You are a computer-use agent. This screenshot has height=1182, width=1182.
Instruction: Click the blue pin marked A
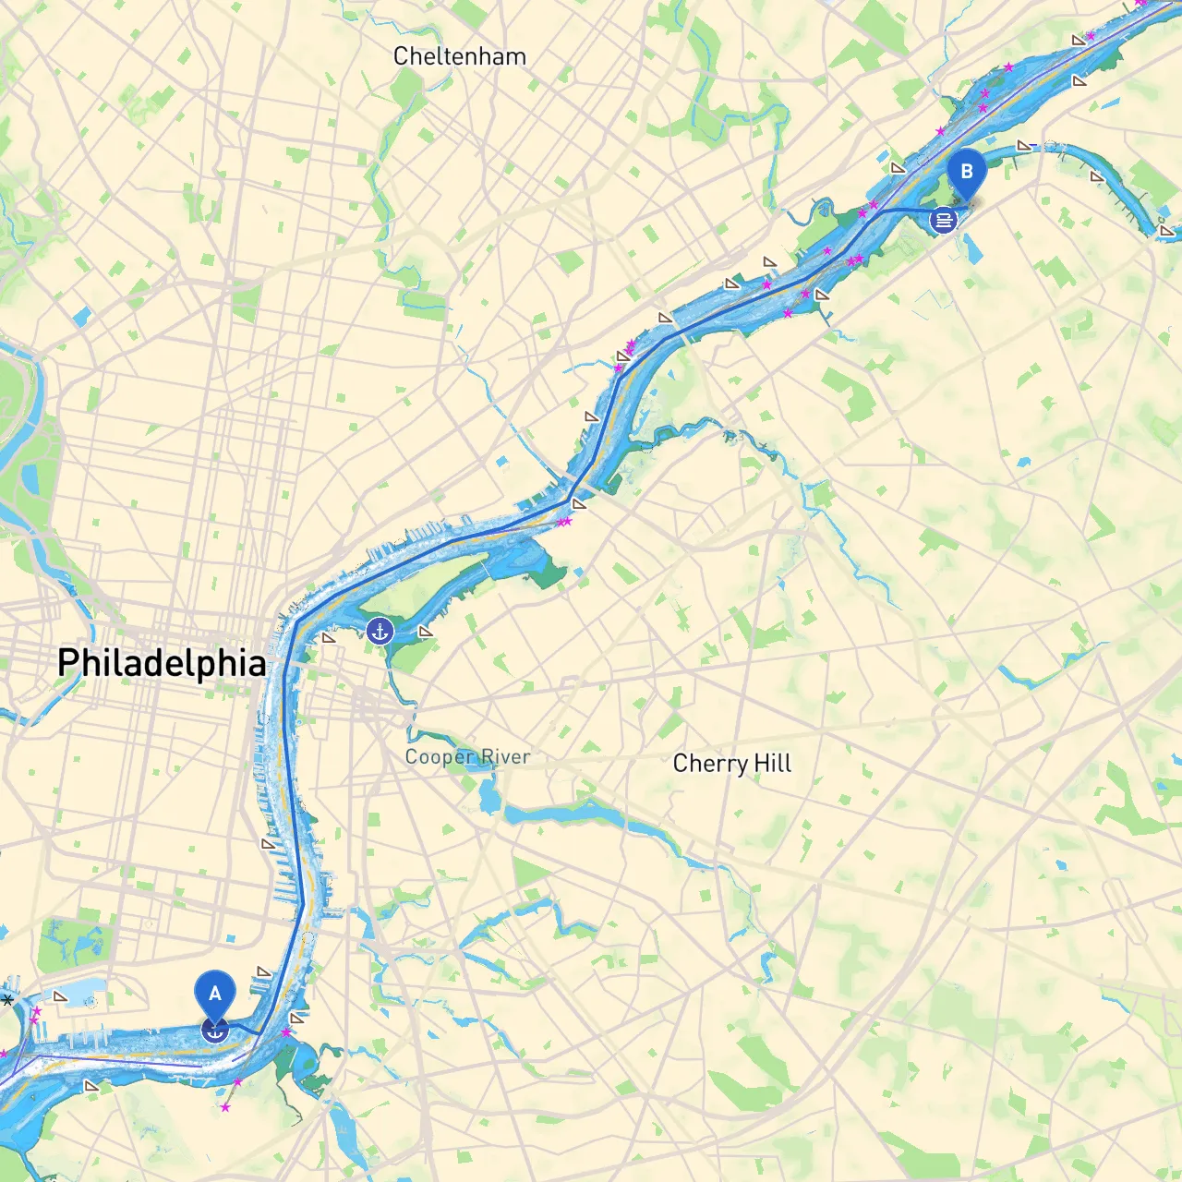click(x=214, y=995)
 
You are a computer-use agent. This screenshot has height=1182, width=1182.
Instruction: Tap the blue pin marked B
click(x=967, y=173)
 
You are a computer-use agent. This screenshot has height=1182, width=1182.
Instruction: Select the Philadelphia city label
click(x=162, y=663)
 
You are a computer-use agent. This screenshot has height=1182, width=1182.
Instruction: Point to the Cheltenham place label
click(x=459, y=56)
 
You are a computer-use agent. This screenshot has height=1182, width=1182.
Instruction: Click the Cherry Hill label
click(x=731, y=764)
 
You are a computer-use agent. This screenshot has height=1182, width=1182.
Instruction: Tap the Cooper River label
click(x=467, y=757)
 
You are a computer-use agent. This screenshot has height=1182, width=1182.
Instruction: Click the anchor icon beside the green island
click(x=380, y=632)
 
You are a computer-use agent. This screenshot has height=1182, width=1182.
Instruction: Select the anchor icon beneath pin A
click(x=214, y=1031)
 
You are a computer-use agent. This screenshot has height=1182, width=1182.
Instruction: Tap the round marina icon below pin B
click(x=943, y=220)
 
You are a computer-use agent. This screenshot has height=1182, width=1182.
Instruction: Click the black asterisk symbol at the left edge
click(x=7, y=1000)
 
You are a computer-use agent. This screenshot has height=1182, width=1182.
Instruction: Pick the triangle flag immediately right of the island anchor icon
click(x=425, y=632)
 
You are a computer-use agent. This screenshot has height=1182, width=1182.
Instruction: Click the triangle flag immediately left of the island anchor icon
click(x=329, y=638)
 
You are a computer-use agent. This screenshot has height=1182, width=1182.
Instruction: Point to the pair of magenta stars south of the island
click(x=565, y=522)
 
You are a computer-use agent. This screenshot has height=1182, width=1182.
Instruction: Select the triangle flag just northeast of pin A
click(x=264, y=971)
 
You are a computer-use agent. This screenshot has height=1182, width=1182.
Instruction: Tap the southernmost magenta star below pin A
click(x=225, y=1106)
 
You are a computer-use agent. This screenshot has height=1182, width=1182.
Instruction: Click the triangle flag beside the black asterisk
click(x=60, y=996)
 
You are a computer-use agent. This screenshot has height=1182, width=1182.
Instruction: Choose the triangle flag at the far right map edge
click(x=1166, y=230)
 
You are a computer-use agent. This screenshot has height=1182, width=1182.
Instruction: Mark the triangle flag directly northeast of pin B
click(x=1023, y=146)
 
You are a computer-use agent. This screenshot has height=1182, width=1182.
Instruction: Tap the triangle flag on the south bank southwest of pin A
click(x=90, y=1086)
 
